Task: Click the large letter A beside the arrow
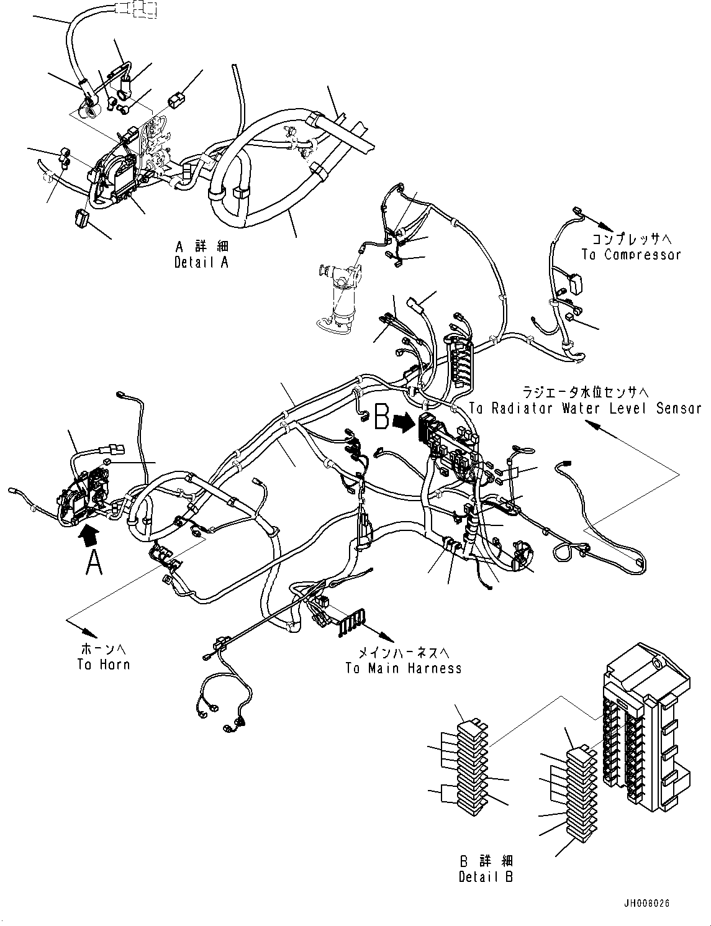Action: click(x=93, y=563)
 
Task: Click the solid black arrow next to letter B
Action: click(x=406, y=422)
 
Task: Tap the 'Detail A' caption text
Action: click(x=201, y=255)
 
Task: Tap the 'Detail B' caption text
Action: click(x=486, y=869)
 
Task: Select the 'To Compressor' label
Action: click(x=631, y=254)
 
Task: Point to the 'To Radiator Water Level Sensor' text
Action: click(x=585, y=408)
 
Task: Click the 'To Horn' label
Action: click(x=104, y=665)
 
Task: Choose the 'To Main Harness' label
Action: click(x=404, y=668)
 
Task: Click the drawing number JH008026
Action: click(x=649, y=904)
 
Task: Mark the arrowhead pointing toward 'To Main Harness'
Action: click(x=388, y=638)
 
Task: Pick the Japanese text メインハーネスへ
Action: click(x=404, y=653)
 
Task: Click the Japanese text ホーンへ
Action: click(x=104, y=650)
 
